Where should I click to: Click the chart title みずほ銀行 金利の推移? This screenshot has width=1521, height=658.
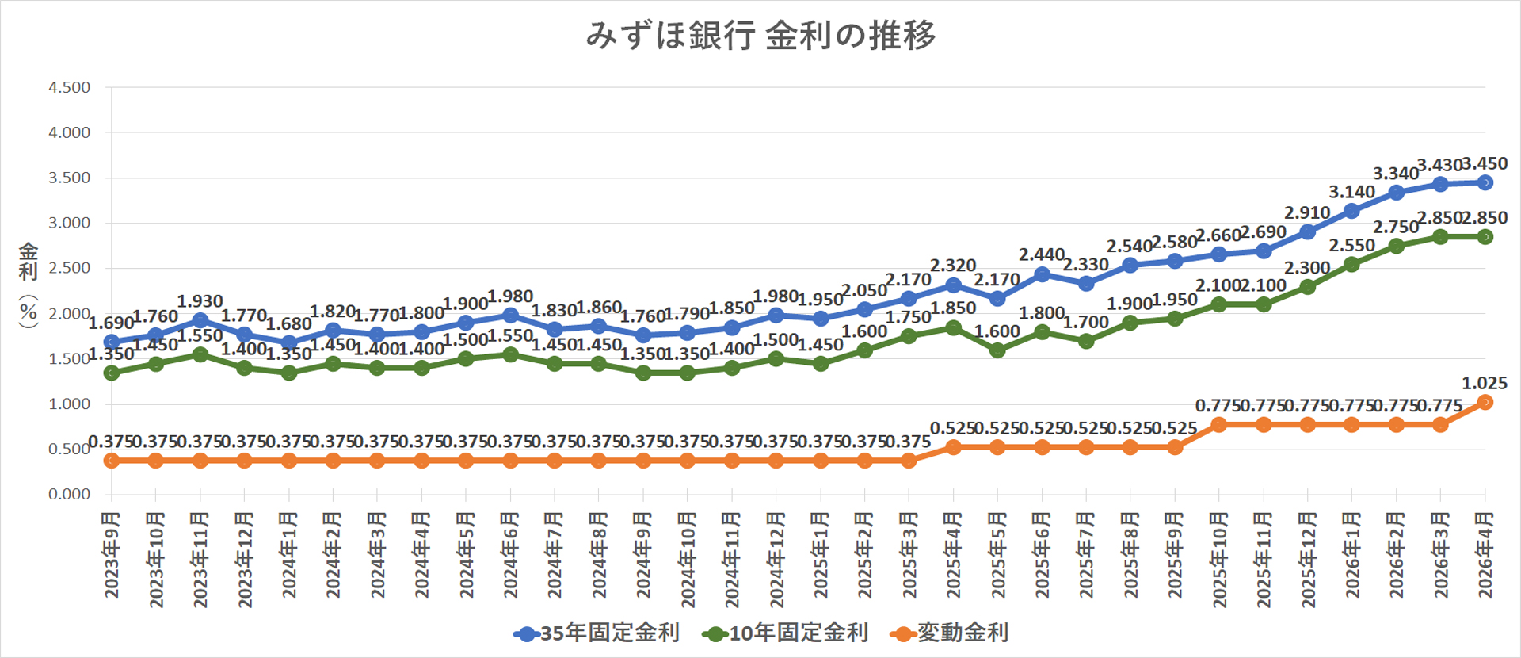coord(760,36)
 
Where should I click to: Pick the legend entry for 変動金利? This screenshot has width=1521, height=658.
coord(950,633)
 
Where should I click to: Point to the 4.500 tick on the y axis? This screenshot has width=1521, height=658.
coord(70,87)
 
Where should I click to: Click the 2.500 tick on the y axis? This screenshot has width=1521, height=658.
coord(70,268)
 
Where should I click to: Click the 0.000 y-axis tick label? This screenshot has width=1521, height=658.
coord(70,495)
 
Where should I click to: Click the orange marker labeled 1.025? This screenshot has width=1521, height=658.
coord(1485,403)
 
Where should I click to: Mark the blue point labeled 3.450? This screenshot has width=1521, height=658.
coord(1485,183)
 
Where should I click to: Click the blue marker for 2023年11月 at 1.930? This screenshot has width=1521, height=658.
coord(200,320)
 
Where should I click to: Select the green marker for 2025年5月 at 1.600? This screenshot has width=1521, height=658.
coord(997,350)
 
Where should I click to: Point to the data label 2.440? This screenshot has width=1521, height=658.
coord(1041,254)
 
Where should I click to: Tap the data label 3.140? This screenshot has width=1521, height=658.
coord(1351,192)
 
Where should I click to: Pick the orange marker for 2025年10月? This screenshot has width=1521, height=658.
coord(1219,425)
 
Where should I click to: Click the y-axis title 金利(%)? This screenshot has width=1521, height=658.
coord(29,285)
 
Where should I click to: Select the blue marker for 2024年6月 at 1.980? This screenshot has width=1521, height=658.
coord(510,316)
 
